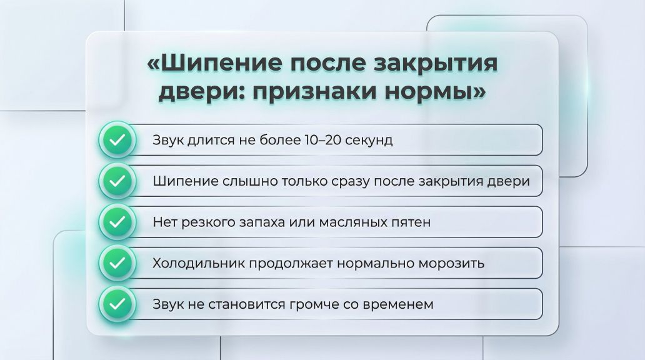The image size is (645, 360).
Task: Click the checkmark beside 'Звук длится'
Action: (x=117, y=140)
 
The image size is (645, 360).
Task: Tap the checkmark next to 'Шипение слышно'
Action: (x=117, y=181)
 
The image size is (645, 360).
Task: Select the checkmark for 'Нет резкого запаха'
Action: (x=117, y=222)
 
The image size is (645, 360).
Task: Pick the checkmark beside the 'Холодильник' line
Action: (x=117, y=263)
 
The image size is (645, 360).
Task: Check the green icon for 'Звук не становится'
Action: (x=117, y=304)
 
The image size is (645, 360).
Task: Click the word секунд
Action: (x=369, y=140)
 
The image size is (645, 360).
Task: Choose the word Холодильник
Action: (x=199, y=263)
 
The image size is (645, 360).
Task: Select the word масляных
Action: (x=353, y=222)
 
